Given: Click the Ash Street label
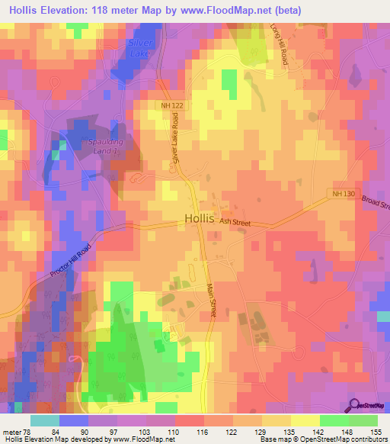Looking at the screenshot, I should pos(235,221).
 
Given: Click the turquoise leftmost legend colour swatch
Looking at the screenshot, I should pos(44,420).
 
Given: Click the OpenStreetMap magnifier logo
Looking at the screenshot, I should pos(354,404).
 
